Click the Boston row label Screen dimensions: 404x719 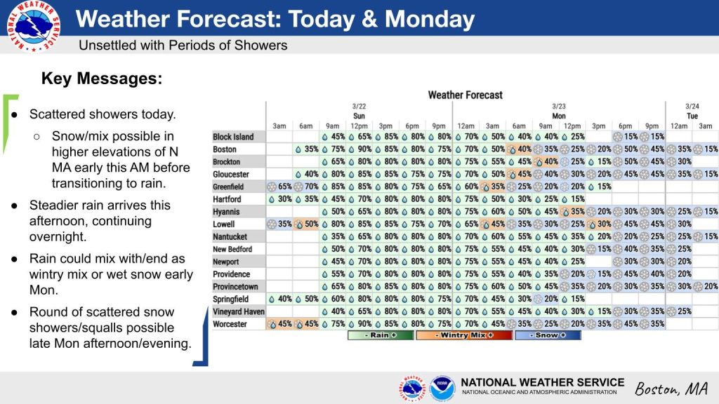pos(225,149)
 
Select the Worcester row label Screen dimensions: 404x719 pos(230,324)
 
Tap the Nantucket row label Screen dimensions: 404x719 pos(230,237)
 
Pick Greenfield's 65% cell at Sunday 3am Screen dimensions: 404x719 pos(279,187)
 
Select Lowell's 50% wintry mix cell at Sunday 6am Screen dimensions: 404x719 pos(306,224)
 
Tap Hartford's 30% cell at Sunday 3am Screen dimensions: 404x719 pos(279,199)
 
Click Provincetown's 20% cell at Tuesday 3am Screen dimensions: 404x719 pos(705,287)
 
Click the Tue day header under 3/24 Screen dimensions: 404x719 pos(692,116)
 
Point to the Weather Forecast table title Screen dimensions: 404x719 pos(465,95)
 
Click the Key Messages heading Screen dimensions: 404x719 pos(102,79)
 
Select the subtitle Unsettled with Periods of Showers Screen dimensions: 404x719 pos(183,45)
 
